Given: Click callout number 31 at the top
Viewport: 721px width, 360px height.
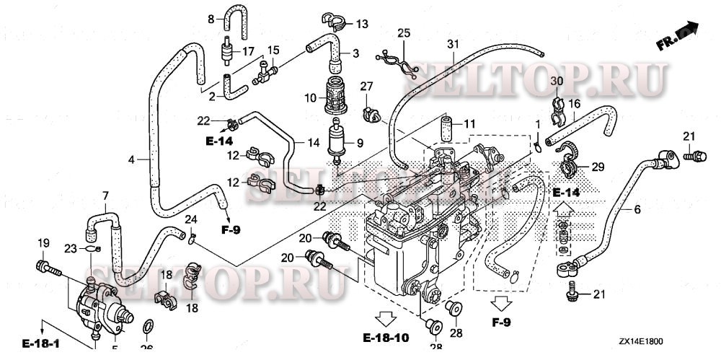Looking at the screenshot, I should [x=452, y=44].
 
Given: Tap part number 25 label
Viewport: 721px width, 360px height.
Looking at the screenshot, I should [x=403, y=33].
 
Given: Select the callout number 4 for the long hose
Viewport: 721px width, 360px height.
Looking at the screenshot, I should [x=131, y=159].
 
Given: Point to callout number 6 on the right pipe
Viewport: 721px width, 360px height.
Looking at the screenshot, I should [x=637, y=210].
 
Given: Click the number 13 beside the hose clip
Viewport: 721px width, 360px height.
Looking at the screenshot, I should [x=361, y=24].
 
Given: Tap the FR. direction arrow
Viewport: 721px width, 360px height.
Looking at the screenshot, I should [x=678, y=37].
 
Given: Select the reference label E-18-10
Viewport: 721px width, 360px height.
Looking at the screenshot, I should [x=386, y=337].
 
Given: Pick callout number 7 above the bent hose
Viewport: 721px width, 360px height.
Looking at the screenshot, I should [x=105, y=196].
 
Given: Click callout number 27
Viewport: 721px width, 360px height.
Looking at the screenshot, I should [x=366, y=87].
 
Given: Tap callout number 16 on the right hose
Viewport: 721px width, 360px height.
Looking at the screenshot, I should [x=574, y=104].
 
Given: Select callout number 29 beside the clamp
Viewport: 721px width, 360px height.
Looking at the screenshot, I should [x=598, y=167].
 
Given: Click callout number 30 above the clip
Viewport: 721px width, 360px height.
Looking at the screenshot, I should [x=557, y=80].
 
